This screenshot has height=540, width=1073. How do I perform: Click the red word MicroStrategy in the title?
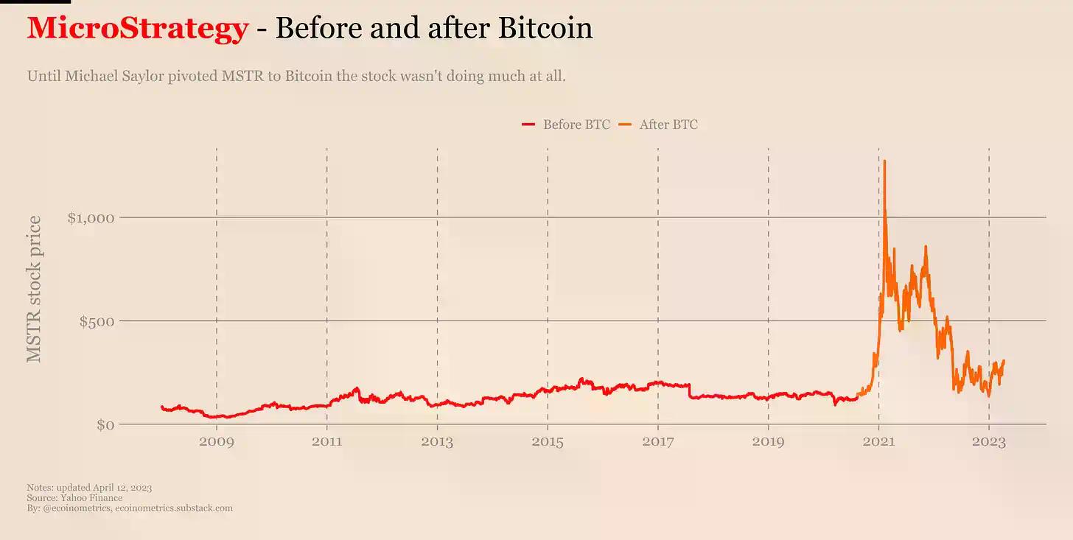(x=137, y=29)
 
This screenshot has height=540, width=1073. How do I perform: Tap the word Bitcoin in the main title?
(x=545, y=29)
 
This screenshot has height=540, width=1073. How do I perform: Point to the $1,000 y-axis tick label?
(x=91, y=217)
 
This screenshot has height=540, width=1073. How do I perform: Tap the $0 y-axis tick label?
(x=105, y=425)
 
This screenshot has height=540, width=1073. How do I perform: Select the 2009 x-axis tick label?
(x=216, y=443)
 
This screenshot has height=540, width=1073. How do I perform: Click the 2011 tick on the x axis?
(x=326, y=443)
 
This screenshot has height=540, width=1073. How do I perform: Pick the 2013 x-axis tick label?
(x=437, y=443)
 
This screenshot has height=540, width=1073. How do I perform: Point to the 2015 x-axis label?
(x=548, y=443)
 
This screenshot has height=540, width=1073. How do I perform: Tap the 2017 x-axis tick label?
(x=658, y=443)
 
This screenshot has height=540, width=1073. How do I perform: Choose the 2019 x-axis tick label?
(x=768, y=443)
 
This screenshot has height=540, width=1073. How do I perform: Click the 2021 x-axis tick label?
(x=878, y=443)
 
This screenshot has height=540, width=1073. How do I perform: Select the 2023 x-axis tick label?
(x=989, y=443)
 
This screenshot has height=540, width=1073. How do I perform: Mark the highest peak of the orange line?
(x=884, y=161)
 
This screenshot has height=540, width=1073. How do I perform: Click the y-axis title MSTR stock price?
(x=34, y=289)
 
